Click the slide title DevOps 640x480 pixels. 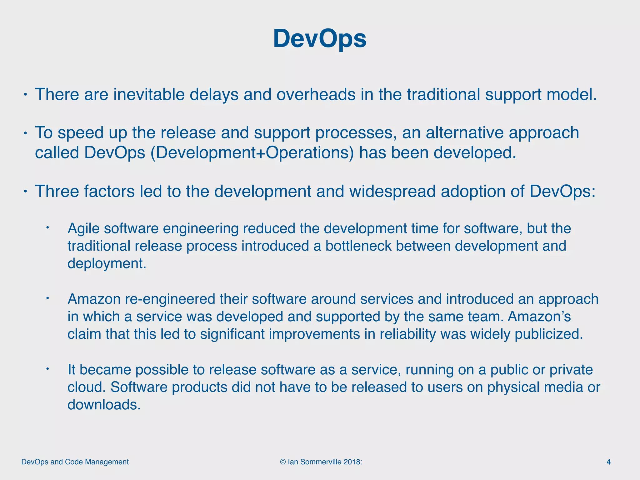pyautogui.click(x=320, y=39)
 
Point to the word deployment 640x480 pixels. pyautogui.click(x=107, y=263)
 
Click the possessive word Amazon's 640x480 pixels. pyautogui.click(x=539, y=317)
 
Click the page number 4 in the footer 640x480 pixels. pyautogui.click(x=608, y=462)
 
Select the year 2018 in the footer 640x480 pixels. pyautogui.click(x=352, y=462)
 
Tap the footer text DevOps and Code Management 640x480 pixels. pyautogui.click(x=75, y=462)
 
